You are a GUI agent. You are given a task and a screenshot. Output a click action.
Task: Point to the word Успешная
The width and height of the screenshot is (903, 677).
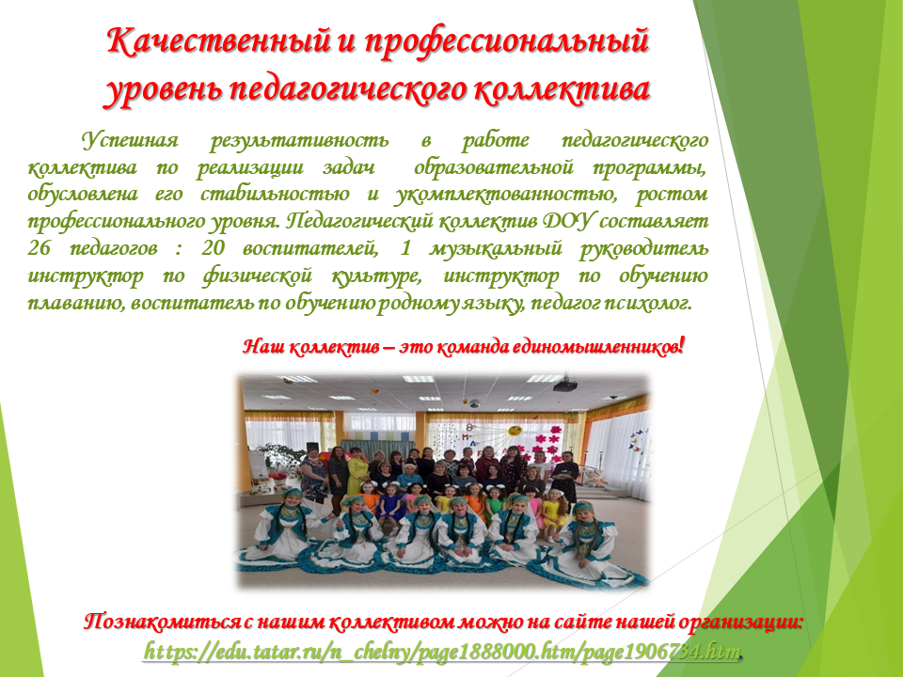(x=130, y=140)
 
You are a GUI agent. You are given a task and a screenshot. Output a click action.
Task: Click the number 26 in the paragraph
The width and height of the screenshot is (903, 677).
(x=40, y=248)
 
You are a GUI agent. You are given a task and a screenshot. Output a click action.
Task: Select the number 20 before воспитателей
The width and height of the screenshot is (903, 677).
(x=214, y=248)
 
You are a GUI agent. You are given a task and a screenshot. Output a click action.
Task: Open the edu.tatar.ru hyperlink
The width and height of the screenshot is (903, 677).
(x=441, y=652)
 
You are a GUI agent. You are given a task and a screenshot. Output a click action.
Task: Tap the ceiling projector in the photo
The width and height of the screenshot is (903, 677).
(x=565, y=385)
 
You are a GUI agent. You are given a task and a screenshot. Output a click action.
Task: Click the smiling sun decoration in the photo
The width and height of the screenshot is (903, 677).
(x=515, y=430)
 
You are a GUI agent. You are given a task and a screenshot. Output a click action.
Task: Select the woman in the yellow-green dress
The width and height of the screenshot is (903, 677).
(x=357, y=472)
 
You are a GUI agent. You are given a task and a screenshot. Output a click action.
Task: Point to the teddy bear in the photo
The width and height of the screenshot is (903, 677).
(x=595, y=478)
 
